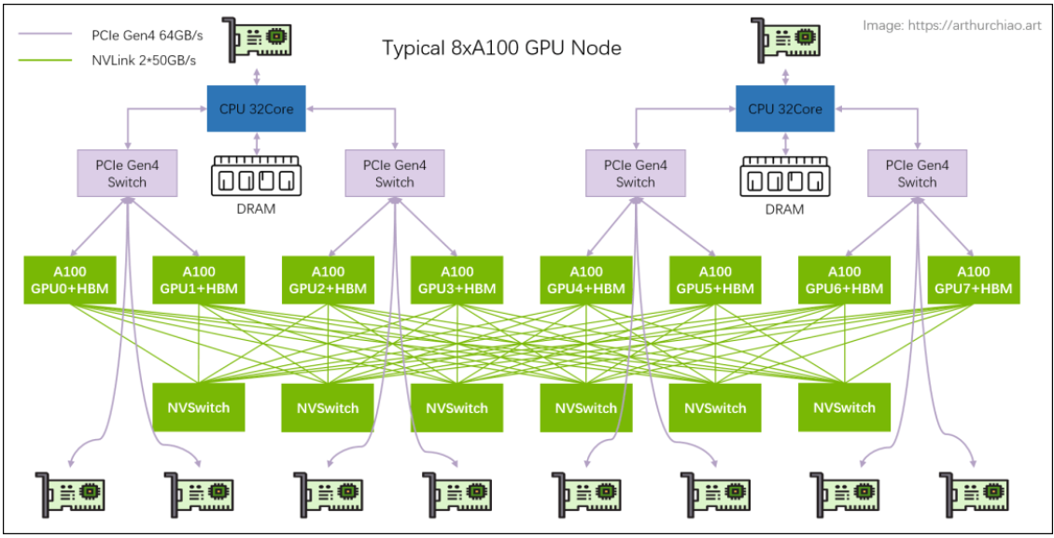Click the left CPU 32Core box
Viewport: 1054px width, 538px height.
[x=256, y=108]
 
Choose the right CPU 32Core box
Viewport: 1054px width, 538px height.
[x=784, y=108]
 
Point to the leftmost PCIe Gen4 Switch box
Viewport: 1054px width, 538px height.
[x=127, y=173]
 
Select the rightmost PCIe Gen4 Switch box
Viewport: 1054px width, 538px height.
[x=917, y=173]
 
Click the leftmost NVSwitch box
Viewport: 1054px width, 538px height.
[x=198, y=407]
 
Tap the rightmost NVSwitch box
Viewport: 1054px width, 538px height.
[x=844, y=407]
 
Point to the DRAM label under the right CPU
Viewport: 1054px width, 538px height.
[x=784, y=209]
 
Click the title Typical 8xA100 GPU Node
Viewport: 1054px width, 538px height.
[x=501, y=48]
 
